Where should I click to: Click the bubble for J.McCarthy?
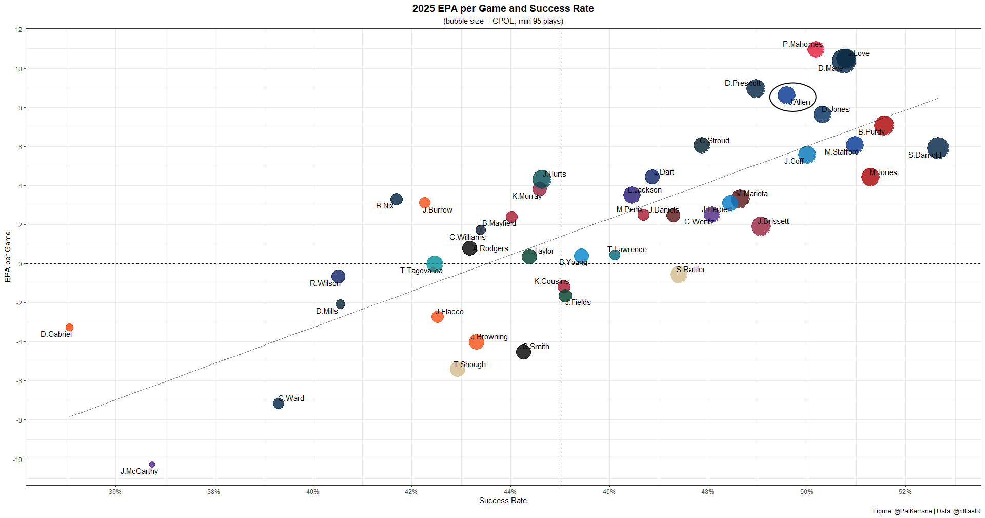[x=152, y=464]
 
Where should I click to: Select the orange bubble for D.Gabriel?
[x=70, y=327]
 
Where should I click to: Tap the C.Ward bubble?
[x=279, y=404]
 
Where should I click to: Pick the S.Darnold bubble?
[x=938, y=148]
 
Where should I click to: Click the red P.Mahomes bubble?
[x=816, y=50]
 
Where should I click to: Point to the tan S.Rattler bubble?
[x=678, y=275]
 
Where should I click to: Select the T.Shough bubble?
[x=457, y=369]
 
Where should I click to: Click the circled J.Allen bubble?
[x=786, y=95]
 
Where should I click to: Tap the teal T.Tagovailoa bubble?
[x=434, y=264]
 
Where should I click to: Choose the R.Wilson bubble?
[x=338, y=276]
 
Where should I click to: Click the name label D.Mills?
[x=327, y=311]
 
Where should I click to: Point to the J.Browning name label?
[x=490, y=337]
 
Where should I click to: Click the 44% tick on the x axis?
[x=510, y=492]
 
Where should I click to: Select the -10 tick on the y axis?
[x=18, y=459]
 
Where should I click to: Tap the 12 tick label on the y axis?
[x=19, y=30]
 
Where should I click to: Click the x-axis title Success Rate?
[x=503, y=501]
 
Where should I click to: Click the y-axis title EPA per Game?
[x=8, y=257]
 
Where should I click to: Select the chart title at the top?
[x=503, y=9]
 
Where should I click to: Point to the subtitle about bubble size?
[x=503, y=21]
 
